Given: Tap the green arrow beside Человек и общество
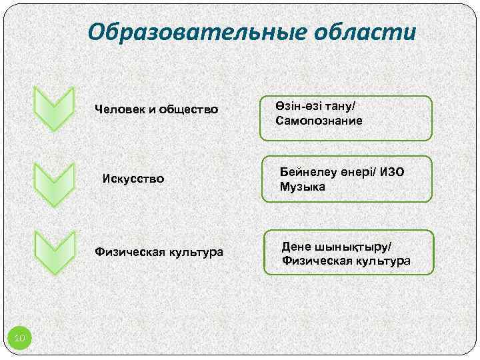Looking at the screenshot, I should (x=53, y=108).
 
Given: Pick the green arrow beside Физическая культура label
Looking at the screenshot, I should (x=53, y=253).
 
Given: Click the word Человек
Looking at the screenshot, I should (x=119, y=109).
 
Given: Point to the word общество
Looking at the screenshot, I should (x=189, y=109).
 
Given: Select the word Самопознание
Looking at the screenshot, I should (x=319, y=121).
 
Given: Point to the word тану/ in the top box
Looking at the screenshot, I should (x=341, y=107).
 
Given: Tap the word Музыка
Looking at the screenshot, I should (x=303, y=187).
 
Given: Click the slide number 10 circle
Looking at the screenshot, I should (x=20, y=339).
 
